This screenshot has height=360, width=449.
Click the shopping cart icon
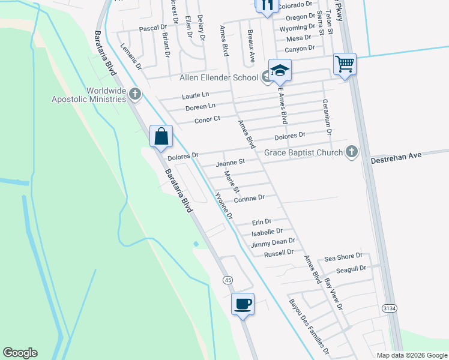pos(345,63)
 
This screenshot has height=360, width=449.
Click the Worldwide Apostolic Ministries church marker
pos(135,94)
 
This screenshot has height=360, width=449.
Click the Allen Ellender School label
pos(219,77)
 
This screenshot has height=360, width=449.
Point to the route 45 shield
pos(228,280)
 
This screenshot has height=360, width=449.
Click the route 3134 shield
pos(388,308)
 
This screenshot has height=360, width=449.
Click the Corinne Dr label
pos(249,197)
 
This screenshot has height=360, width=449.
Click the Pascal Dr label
pos(152,28)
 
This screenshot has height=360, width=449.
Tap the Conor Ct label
pos(208,119)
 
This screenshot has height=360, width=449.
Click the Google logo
pos(20,353)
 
